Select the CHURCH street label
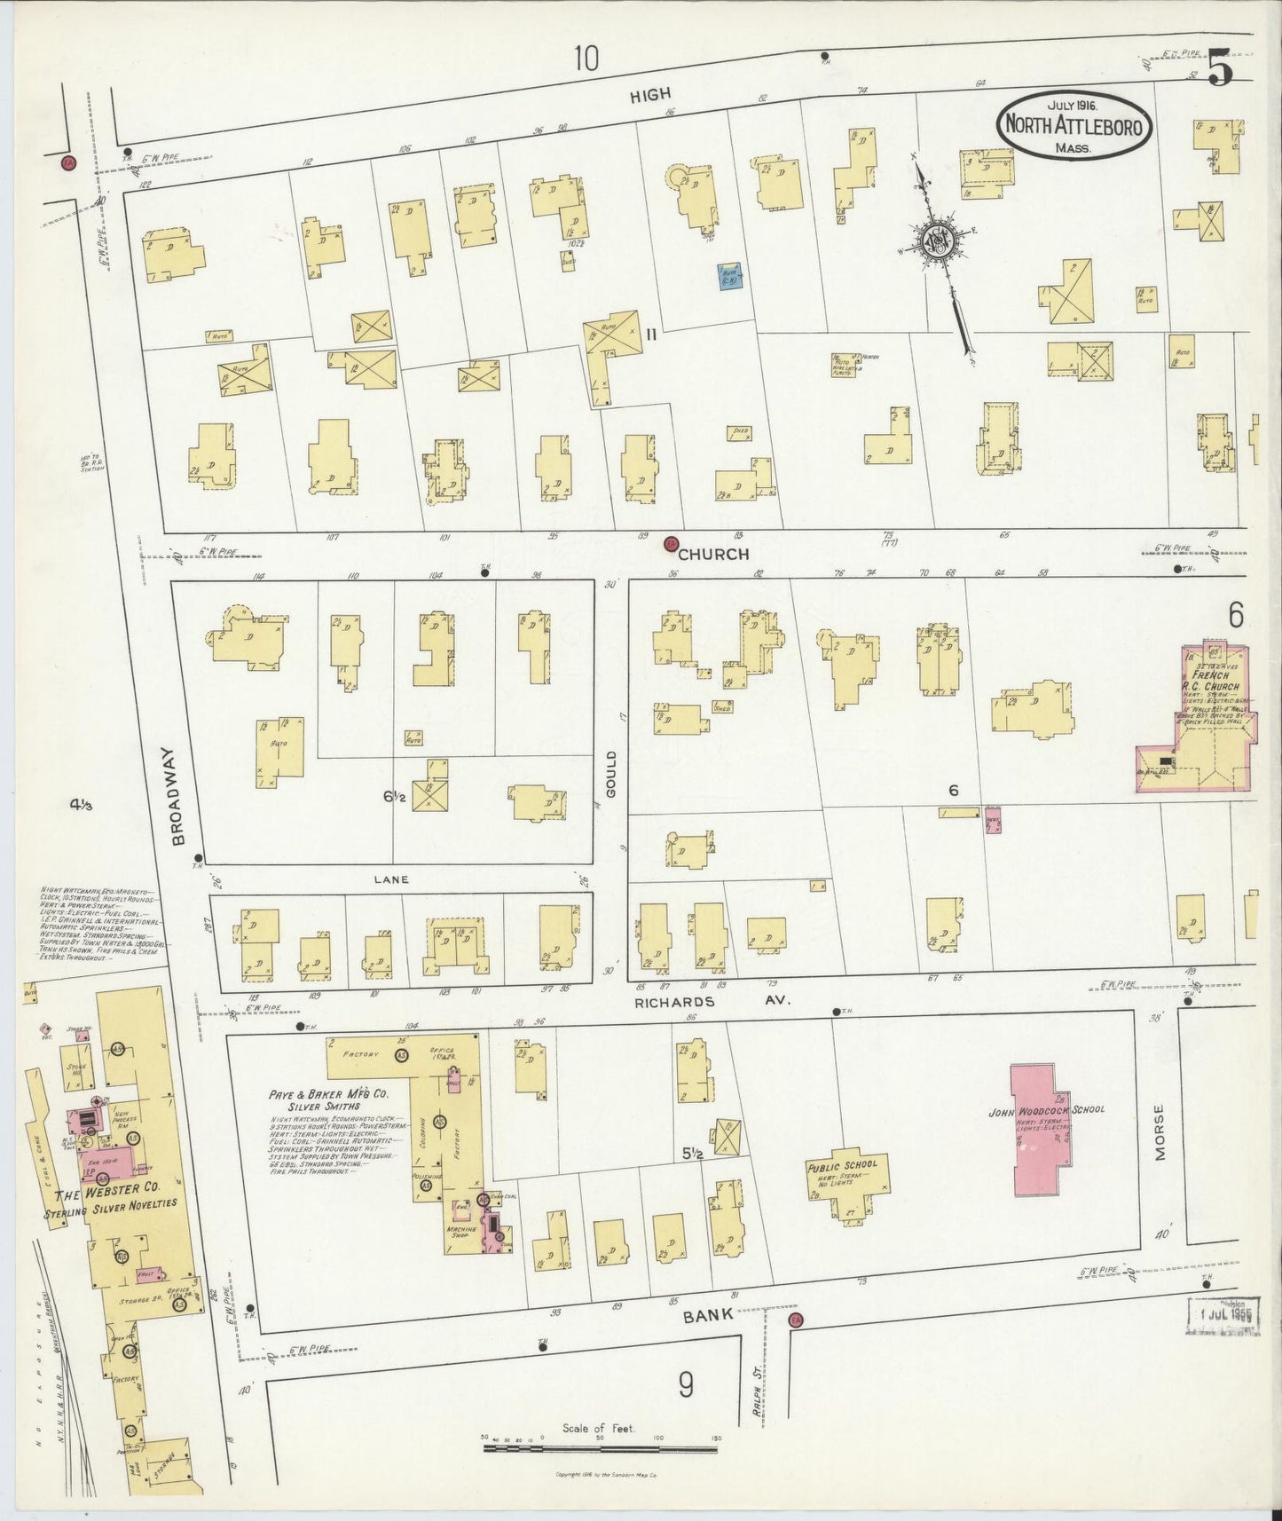pyautogui.click(x=714, y=554)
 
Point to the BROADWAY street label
pyautogui.click(x=177, y=795)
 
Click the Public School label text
pyautogui.click(x=842, y=1164)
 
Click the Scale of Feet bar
pyautogui.click(x=601, y=1450)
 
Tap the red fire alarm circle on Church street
pyautogui.click(x=672, y=543)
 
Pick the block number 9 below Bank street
pyautogui.click(x=685, y=1384)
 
